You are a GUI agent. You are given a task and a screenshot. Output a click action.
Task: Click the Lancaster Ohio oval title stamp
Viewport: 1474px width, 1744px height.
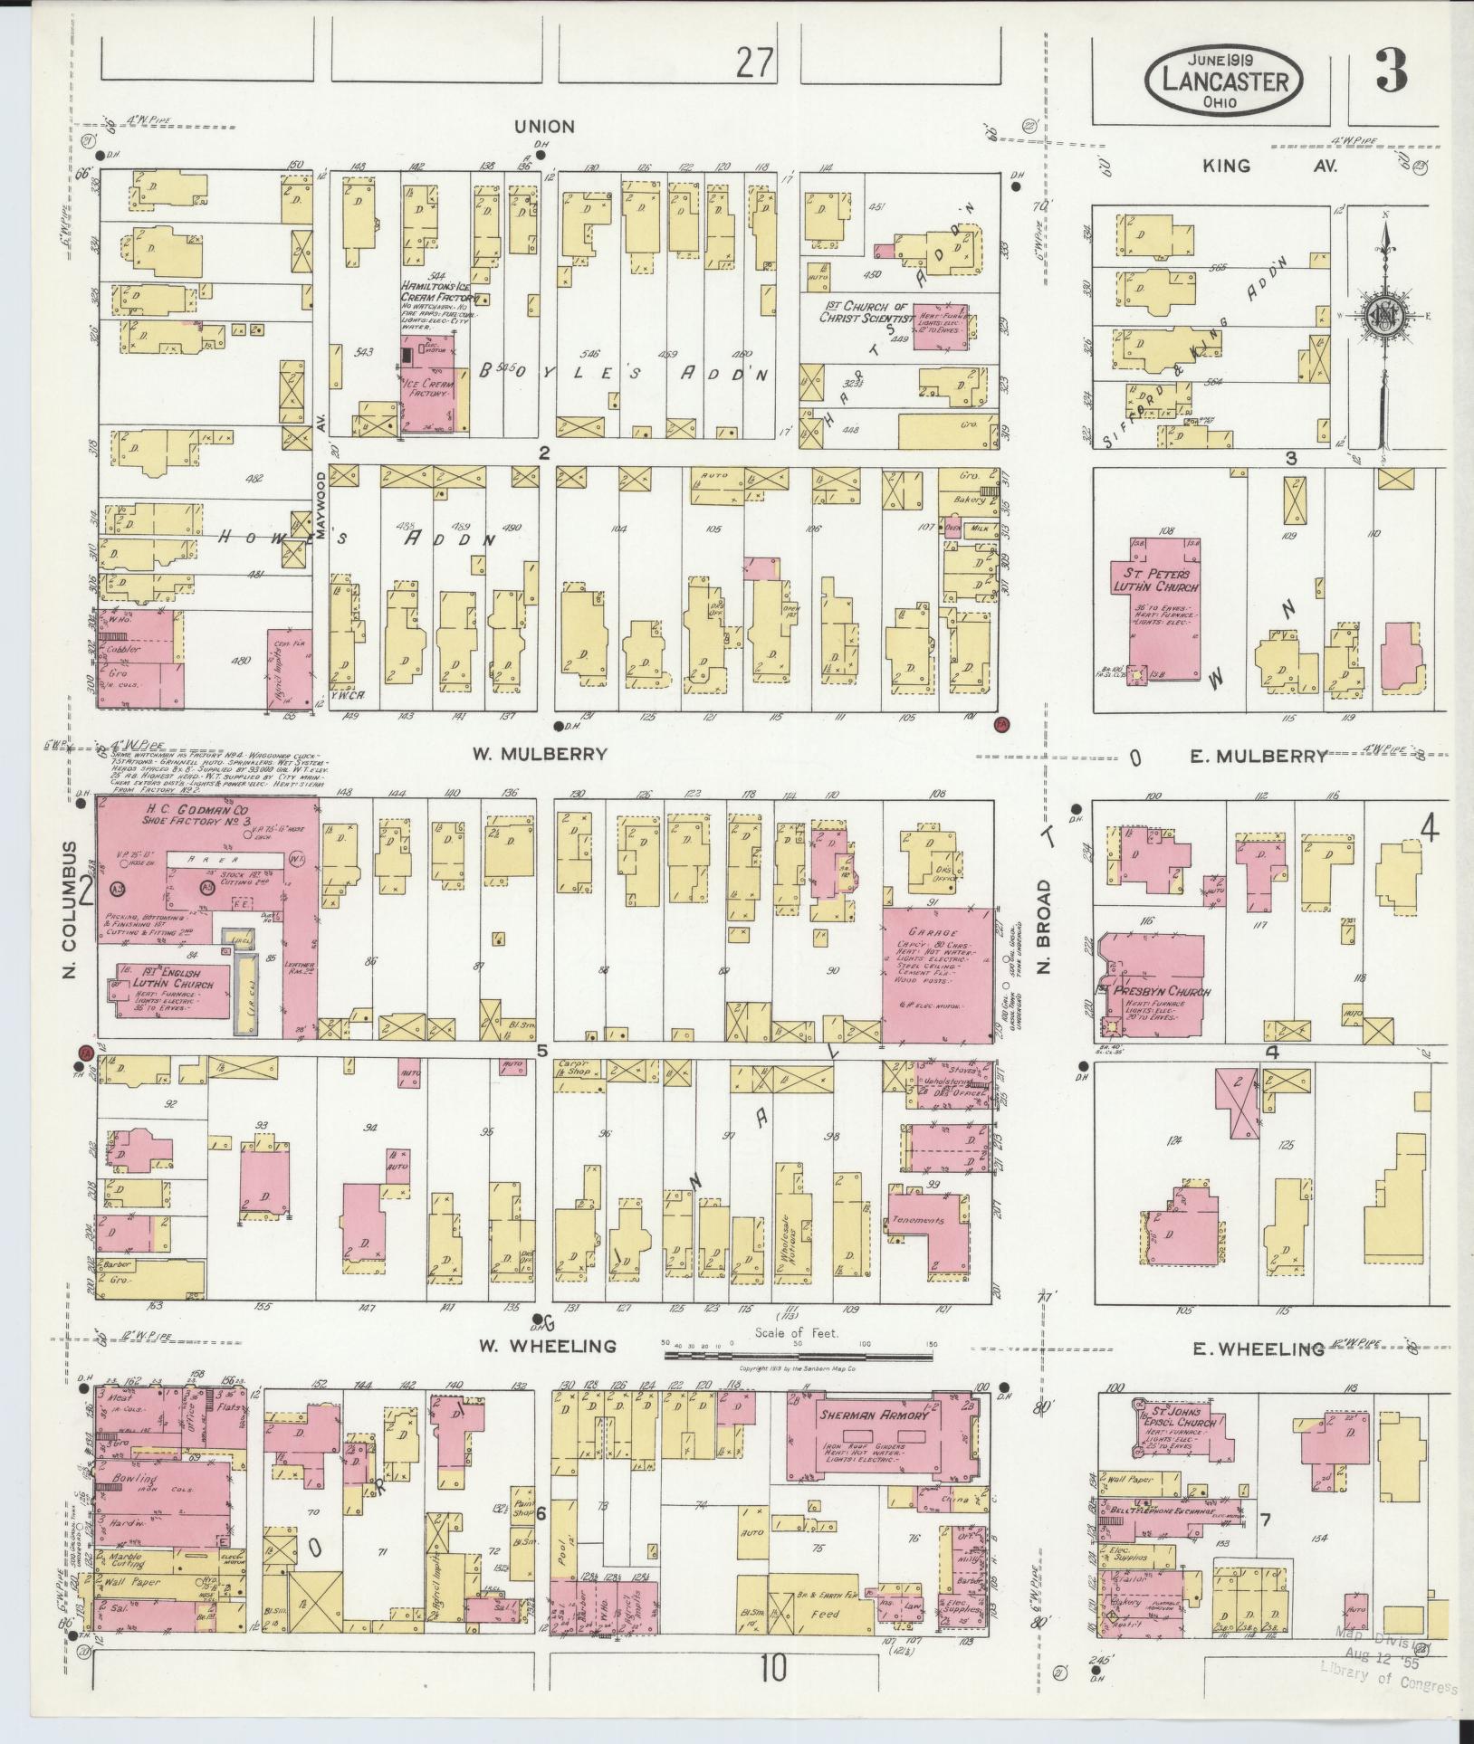pos(1224,81)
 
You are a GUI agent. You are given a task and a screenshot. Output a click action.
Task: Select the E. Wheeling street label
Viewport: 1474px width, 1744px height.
pos(1258,1374)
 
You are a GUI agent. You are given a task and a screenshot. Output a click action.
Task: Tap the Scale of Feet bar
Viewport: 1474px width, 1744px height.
pos(798,1383)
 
